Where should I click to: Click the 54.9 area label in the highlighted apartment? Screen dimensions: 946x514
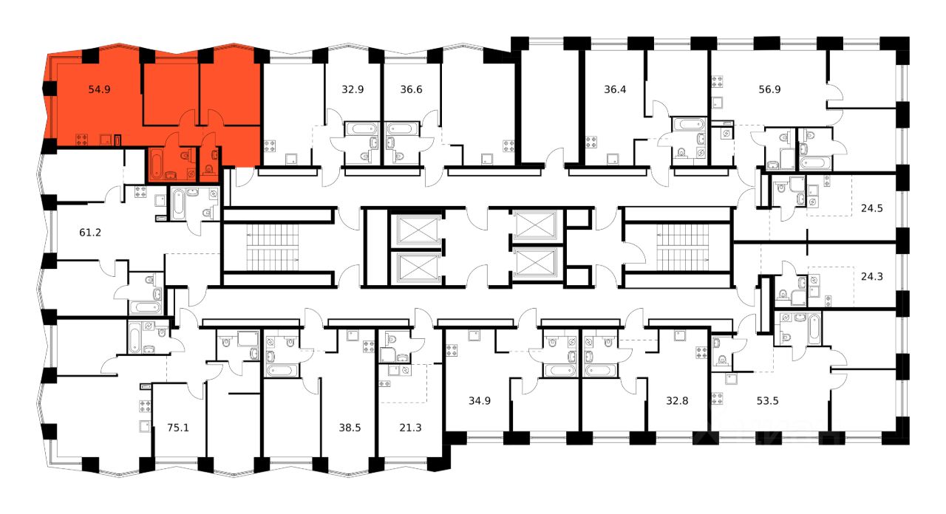[x=99, y=89]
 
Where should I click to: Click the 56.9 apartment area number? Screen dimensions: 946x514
[x=751, y=89]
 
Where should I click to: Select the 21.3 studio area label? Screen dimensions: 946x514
[x=403, y=426]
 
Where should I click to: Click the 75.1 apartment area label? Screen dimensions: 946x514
[x=178, y=426]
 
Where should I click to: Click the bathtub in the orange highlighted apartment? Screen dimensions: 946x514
[x=157, y=164]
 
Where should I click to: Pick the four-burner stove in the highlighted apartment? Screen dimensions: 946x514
[x=83, y=137]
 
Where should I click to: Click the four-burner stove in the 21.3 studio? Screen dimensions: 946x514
[x=384, y=383]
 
